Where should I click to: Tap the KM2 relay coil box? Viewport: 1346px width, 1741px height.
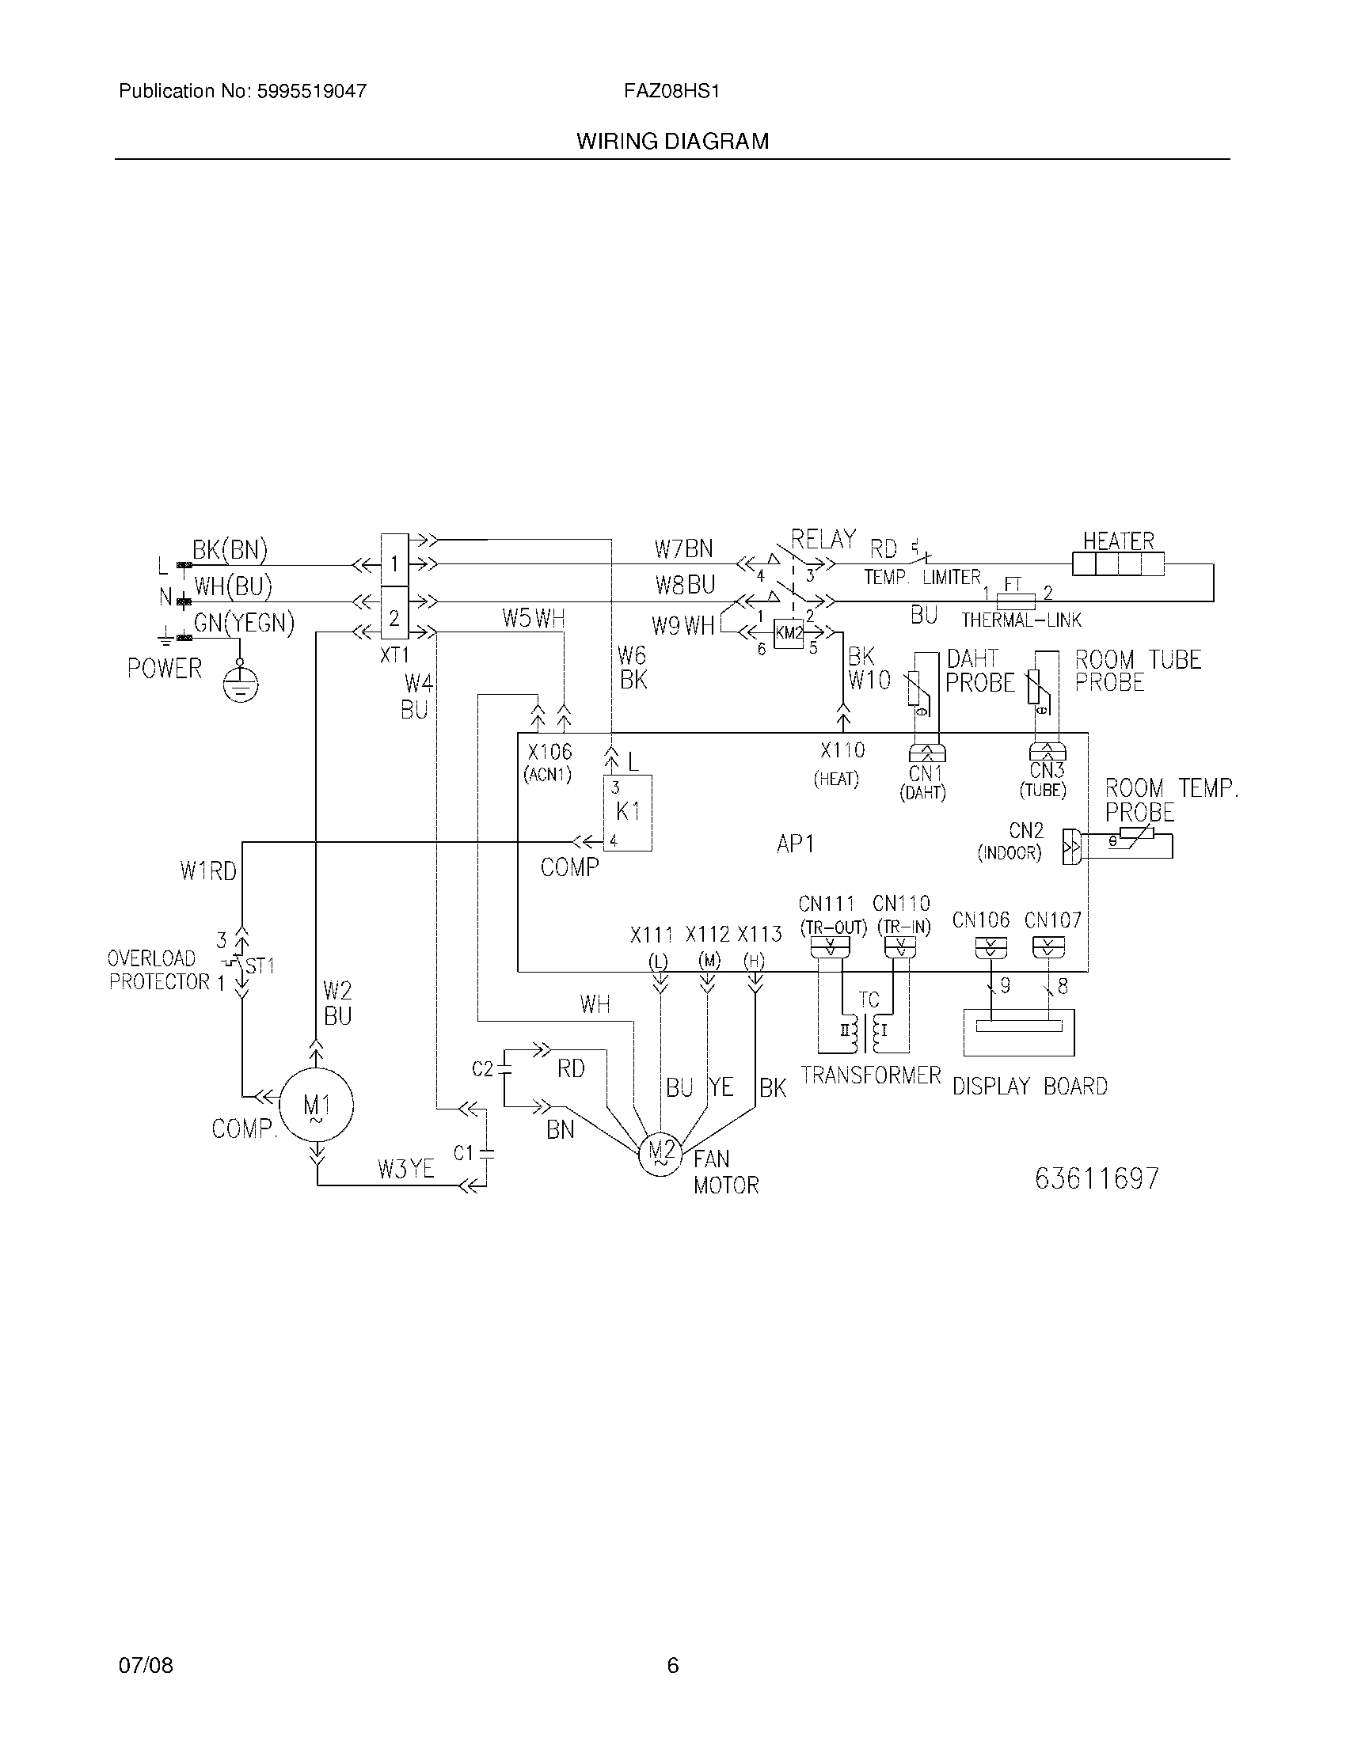coord(789,633)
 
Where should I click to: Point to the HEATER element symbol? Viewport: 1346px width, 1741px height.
coord(1118,564)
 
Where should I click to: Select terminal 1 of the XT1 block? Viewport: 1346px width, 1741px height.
coord(394,563)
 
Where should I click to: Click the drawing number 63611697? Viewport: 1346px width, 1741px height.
coord(1097,1178)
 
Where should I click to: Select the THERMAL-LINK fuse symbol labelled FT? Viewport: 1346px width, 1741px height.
coord(1016,600)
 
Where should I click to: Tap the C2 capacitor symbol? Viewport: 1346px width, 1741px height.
coord(504,1070)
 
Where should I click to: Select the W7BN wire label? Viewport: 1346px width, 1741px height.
coord(683,549)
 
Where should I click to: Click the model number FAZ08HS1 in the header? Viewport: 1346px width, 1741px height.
coord(671,91)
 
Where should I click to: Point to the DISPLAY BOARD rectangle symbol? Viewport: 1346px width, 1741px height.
coord(1018,1032)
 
